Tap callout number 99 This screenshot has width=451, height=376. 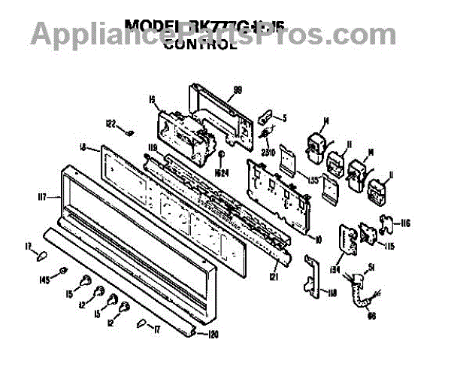(238, 89)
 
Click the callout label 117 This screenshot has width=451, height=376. (44, 198)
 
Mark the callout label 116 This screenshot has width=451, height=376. (406, 224)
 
